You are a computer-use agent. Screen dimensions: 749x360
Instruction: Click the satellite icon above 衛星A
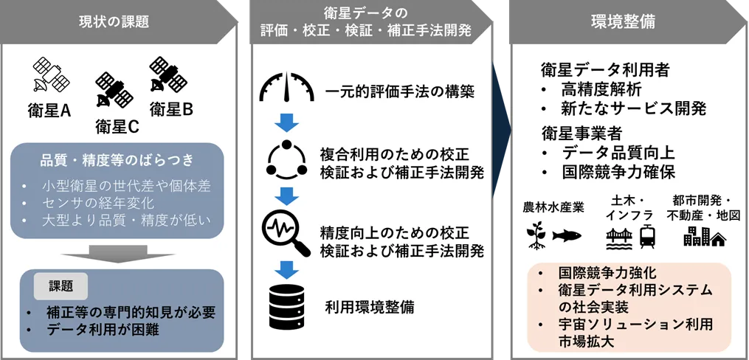pyautogui.click(x=51, y=75)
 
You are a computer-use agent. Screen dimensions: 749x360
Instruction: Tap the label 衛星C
pyautogui.click(x=117, y=127)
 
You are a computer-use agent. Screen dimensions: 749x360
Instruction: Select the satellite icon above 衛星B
pyautogui.click(x=168, y=74)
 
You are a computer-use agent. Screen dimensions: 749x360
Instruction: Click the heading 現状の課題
pyautogui.click(x=114, y=22)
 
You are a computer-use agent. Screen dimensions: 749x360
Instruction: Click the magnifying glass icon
pyautogui.click(x=286, y=235)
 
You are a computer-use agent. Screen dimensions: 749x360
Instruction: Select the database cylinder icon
pyautogui.click(x=286, y=306)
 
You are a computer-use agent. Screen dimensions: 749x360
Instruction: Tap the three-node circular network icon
pyautogui.click(x=286, y=159)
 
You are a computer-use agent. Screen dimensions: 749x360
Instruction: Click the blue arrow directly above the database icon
pyautogui.click(x=286, y=270)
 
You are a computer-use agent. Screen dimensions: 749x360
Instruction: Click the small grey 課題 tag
pyautogui.click(x=61, y=286)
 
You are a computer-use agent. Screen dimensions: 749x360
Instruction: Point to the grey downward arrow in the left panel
pyautogui.click(x=117, y=255)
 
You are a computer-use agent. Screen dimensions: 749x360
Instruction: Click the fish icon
pyautogui.click(x=567, y=235)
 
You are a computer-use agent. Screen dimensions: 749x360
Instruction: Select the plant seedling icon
pyautogui.click(x=536, y=235)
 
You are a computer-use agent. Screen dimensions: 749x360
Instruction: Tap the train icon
pyautogui.click(x=648, y=236)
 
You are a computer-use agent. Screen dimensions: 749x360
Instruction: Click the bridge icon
pyautogui.click(x=620, y=239)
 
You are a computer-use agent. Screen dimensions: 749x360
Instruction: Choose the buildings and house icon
pyautogui.click(x=705, y=236)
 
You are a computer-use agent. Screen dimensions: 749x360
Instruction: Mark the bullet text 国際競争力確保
pyautogui.click(x=618, y=172)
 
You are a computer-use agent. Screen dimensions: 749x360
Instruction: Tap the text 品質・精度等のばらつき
pyautogui.click(x=117, y=160)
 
